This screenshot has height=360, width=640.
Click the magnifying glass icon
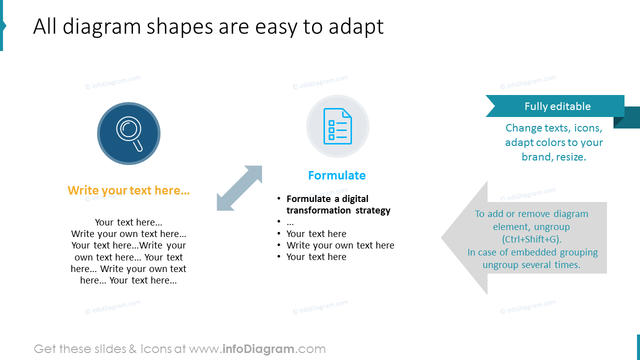pos(129,133)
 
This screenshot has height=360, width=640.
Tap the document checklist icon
pos(337,126)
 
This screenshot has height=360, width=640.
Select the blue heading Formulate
pos(336,175)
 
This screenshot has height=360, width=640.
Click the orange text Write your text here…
pos(128,190)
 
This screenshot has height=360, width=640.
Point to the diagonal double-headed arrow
pos(239,188)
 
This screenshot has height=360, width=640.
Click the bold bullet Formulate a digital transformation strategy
pos(338,204)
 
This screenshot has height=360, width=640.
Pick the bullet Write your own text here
pos(340,245)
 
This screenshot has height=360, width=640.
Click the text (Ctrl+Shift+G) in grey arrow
pos(531,239)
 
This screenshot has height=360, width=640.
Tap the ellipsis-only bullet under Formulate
pos(290,222)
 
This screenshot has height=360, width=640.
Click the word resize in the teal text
pos(572,157)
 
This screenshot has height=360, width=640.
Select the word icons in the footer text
pos(156,349)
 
